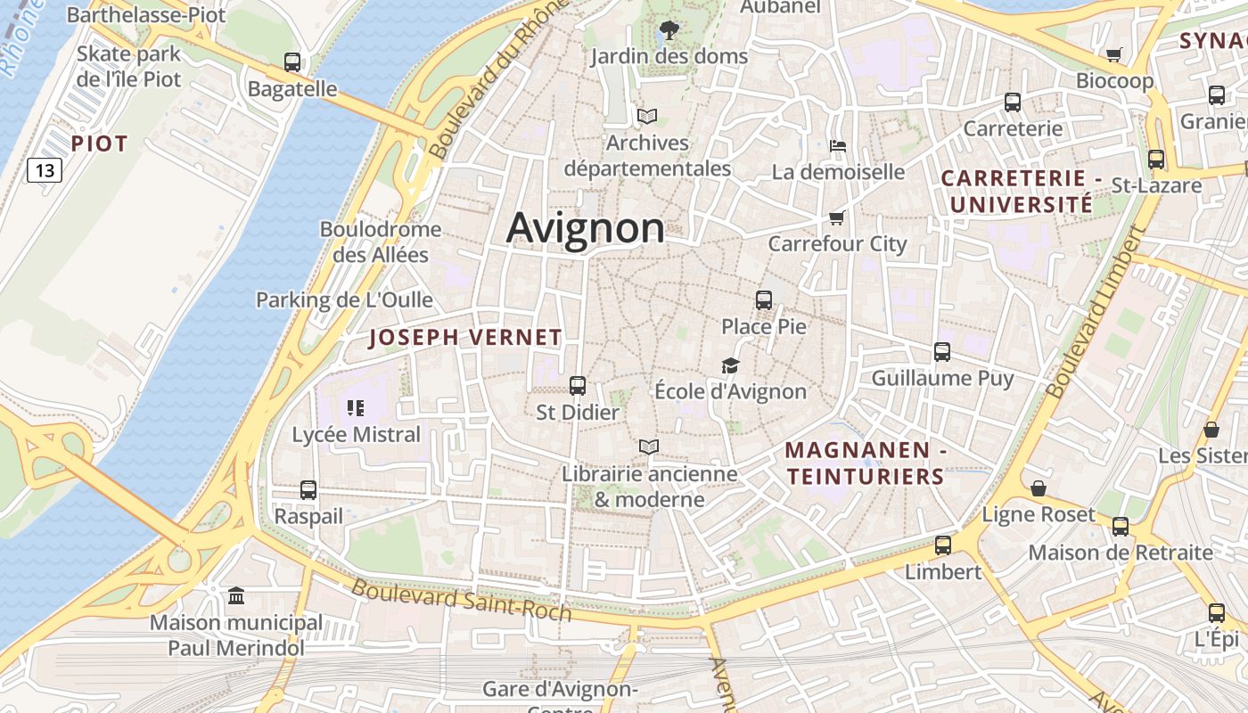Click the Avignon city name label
click(x=586, y=228)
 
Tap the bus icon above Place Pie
click(x=764, y=300)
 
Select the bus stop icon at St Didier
click(x=578, y=386)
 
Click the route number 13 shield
click(x=44, y=169)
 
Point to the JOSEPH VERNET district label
click(x=465, y=338)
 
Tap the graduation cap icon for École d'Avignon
click(x=731, y=365)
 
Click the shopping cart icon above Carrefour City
click(x=836, y=217)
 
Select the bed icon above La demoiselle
click(x=837, y=146)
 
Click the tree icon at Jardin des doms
click(x=669, y=31)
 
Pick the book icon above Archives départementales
click(x=647, y=117)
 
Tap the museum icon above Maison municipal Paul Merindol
click(x=236, y=595)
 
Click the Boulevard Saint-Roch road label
click(x=461, y=600)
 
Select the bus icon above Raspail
click(x=308, y=489)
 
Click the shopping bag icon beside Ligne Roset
click(x=1039, y=488)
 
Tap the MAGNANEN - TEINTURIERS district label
click(x=866, y=463)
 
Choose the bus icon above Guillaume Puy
click(x=942, y=352)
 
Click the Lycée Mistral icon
click(x=356, y=408)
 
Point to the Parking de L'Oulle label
click(x=344, y=299)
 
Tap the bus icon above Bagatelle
click(x=292, y=62)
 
